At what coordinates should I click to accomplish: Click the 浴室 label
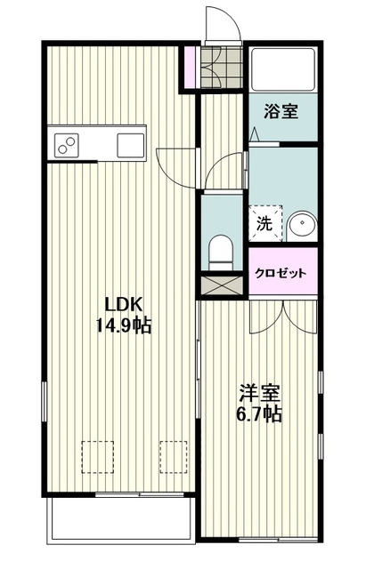point(281,113)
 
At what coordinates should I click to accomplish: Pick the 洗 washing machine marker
point(265,223)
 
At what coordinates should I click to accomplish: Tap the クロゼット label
point(282,274)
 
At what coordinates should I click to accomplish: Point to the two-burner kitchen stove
point(69,141)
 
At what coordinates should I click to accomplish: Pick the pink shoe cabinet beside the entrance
point(189,67)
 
